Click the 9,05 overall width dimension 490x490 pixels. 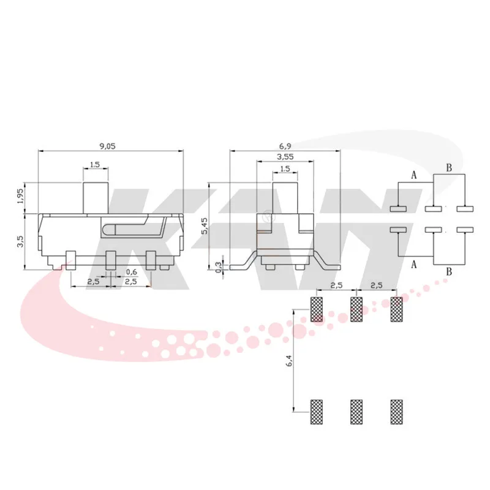[x=107, y=146]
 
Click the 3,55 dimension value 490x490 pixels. [x=285, y=157]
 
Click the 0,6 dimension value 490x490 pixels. [x=131, y=272]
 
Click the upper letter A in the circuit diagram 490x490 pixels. [x=413, y=176]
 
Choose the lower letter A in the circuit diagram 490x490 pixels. [x=413, y=264]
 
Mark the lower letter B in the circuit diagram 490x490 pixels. [x=449, y=271]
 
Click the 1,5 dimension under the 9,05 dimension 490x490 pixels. [x=95, y=164]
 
